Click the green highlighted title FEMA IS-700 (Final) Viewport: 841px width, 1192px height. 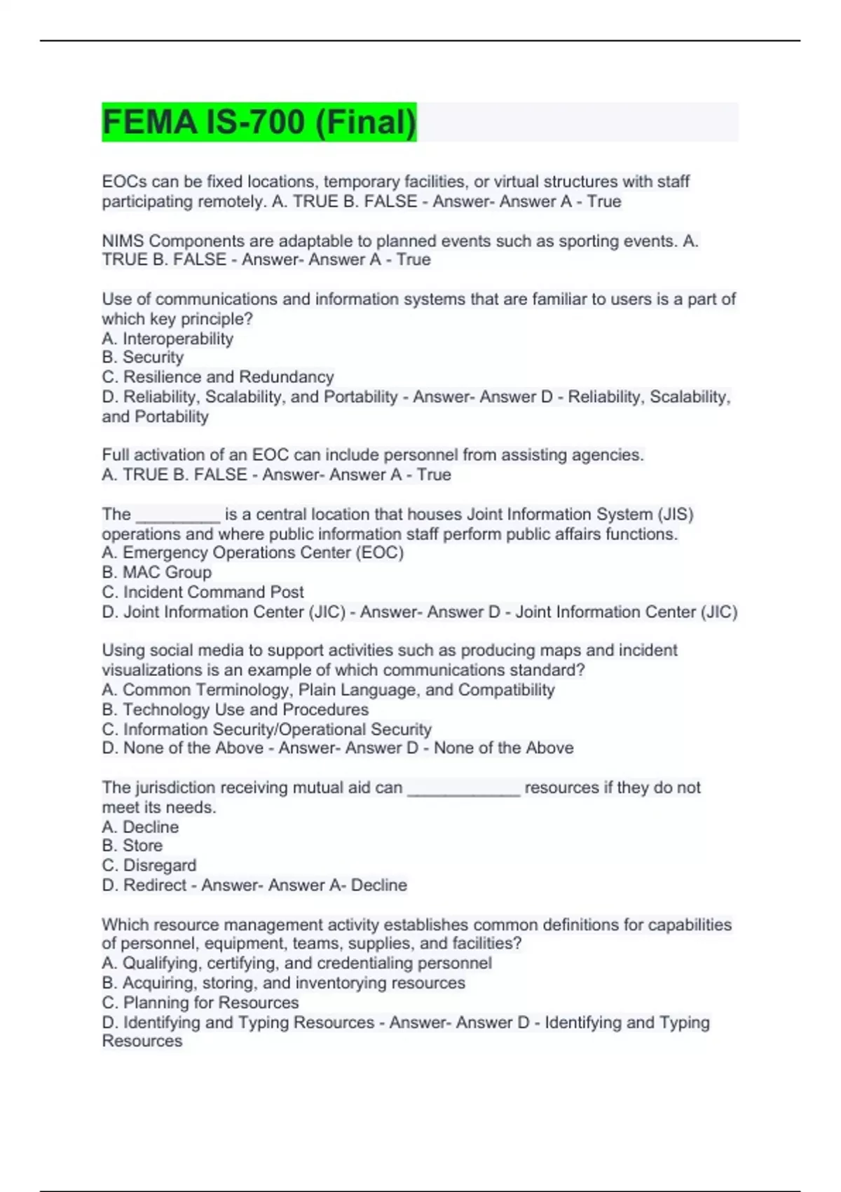tap(259, 122)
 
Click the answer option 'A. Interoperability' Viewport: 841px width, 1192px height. tap(167, 339)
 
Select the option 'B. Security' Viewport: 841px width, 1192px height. tap(143, 358)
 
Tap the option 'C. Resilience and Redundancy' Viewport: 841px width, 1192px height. tap(218, 377)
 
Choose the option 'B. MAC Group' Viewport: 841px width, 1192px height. tap(156, 572)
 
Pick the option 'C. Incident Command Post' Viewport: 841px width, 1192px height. tap(203, 592)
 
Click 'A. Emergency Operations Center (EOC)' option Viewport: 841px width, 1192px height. tap(253, 553)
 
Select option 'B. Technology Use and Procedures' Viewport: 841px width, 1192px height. tap(235, 709)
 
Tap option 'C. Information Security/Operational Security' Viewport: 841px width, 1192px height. tap(267, 729)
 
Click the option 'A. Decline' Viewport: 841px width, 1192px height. tap(140, 827)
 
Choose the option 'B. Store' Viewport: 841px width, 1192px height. tap(132, 846)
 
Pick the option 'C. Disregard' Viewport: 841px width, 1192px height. tap(149, 865)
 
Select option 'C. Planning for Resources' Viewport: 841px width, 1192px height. tap(200, 1003)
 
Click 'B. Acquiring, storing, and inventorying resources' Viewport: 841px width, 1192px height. tap(284, 983)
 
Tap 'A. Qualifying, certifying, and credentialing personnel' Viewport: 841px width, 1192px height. tap(297, 963)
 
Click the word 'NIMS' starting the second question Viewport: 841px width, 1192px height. tap(123, 241)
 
